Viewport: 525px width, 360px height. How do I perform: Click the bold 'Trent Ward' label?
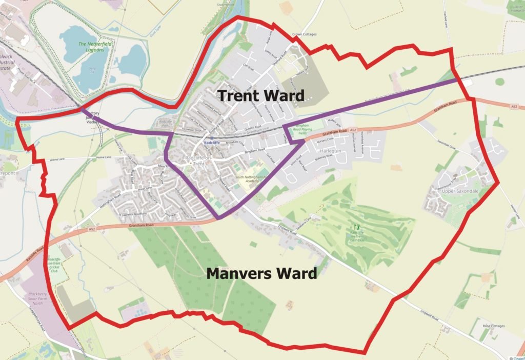pos(260,95)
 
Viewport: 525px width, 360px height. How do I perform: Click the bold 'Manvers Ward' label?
pos(261,273)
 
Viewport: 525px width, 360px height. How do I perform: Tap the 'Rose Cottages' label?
pos(493,326)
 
